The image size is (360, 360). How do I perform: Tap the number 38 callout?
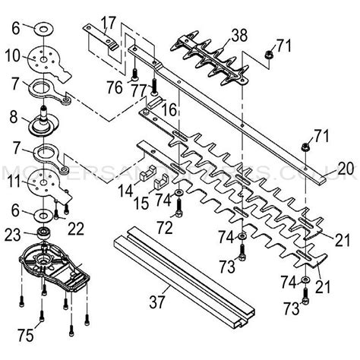pos(239,33)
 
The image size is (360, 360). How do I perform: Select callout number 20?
pos(346,167)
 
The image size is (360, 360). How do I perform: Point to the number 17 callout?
pos(109,21)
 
